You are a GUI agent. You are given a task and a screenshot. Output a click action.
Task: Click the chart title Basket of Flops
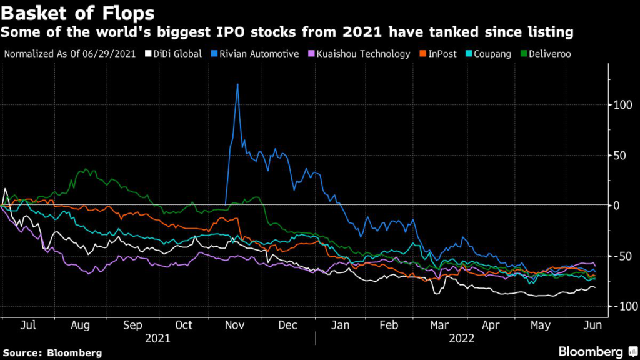pyautogui.click(x=79, y=12)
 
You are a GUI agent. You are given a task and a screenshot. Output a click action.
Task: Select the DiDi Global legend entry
pyautogui.click(x=174, y=54)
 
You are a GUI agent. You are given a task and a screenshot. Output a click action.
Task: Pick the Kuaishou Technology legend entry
pyautogui.click(x=362, y=54)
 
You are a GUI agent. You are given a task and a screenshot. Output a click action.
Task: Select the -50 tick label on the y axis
pyautogui.click(x=622, y=256)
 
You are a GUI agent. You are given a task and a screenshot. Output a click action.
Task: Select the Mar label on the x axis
pyautogui.click(x=440, y=326)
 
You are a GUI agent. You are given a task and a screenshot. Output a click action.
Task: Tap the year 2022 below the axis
pyautogui.click(x=463, y=340)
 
